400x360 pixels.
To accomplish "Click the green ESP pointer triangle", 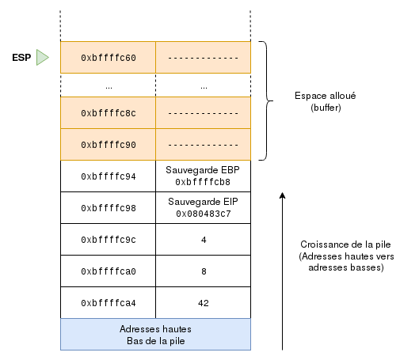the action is (42, 57).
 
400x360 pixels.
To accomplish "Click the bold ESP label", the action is (21, 58).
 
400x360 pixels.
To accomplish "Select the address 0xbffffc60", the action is (109, 58).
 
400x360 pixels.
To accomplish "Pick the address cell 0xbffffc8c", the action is (109, 113).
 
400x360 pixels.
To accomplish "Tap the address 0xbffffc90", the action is (109, 145).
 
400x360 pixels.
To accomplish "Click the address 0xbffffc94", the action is (109, 176).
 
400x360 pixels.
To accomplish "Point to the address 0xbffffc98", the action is (109, 208).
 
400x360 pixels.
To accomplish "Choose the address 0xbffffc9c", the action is (109, 240).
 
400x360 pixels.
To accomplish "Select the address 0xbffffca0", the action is (109, 271).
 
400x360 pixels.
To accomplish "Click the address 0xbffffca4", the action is (109, 303).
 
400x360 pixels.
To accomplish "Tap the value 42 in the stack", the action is (204, 303).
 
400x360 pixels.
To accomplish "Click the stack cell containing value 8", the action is (204, 271).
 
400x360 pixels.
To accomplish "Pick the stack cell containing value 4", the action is (204, 240).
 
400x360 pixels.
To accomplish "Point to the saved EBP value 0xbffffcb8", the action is (203, 182).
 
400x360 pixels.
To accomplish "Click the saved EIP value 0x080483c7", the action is (204, 214).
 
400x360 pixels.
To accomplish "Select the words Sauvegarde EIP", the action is (203, 202).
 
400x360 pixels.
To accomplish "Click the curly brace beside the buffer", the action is (266, 100).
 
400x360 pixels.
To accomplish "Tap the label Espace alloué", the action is (326, 96).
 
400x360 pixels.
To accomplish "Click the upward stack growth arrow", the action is (282, 271).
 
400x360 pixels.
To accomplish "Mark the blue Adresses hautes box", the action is (155, 335).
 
